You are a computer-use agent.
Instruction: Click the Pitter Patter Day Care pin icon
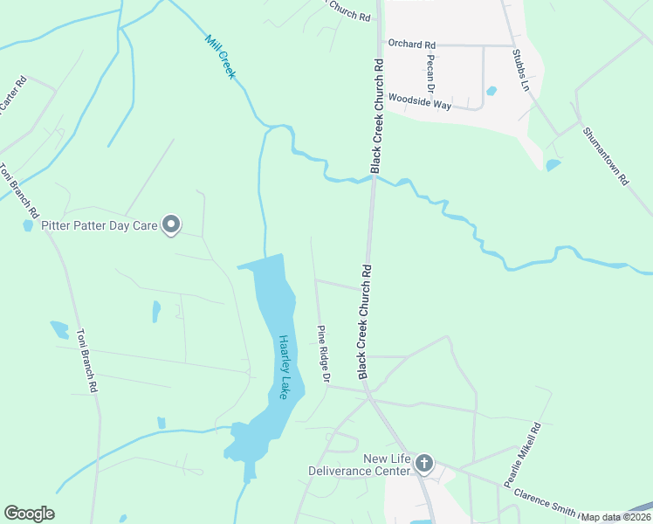click(x=171, y=225)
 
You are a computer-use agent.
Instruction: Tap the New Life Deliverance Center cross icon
click(x=423, y=464)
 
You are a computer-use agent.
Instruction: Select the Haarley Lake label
click(x=284, y=367)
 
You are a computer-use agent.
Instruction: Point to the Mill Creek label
click(x=220, y=57)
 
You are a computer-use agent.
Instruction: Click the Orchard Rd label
click(x=411, y=44)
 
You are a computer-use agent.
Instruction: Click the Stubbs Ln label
click(x=520, y=70)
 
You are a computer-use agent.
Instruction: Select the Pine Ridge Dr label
click(x=322, y=354)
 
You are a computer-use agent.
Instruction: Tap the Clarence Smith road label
click(x=546, y=503)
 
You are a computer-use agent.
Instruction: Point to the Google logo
click(x=29, y=514)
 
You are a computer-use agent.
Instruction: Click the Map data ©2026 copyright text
click(x=615, y=517)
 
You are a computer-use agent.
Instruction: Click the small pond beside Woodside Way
click(x=491, y=90)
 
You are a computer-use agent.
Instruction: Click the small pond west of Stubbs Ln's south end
click(x=553, y=164)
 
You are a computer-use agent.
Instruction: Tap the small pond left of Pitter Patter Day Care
click(x=28, y=225)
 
